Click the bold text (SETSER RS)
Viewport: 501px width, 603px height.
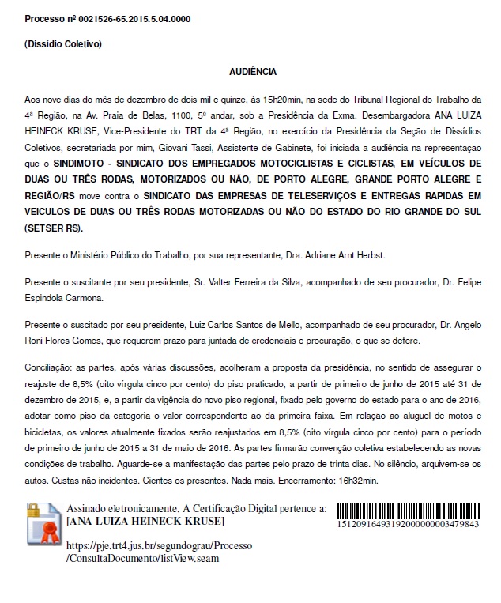pos(52,228)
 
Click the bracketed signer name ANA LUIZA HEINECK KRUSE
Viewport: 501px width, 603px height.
pos(146,522)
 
